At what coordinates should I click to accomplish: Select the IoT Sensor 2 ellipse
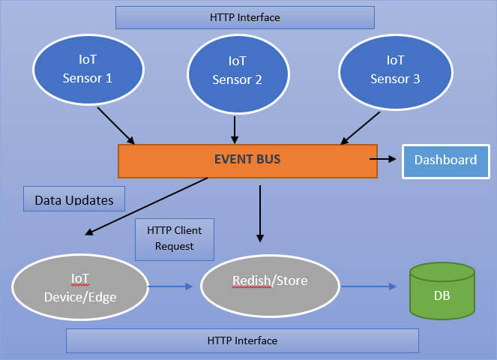(x=237, y=70)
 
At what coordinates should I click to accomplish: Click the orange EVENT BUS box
(x=247, y=160)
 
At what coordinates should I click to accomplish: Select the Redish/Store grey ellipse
(x=270, y=281)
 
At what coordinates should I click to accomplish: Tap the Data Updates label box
(x=74, y=200)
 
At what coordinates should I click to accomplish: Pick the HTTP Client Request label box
(x=175, y=239)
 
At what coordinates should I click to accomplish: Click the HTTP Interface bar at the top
(x=244, y=17)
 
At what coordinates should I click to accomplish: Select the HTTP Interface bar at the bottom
(x=242, y=340)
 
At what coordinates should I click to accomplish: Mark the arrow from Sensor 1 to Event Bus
(x=115, y=125)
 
